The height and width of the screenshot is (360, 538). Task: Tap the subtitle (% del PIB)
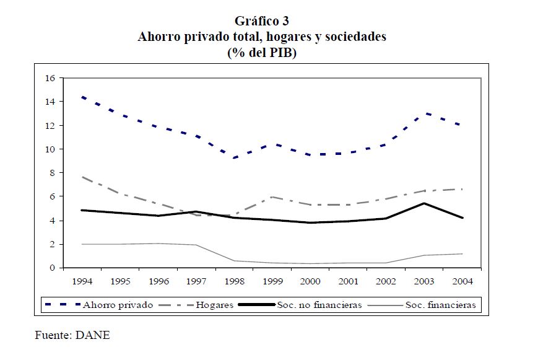pos(262,53)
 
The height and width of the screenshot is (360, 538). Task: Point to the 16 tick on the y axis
pos(50,78)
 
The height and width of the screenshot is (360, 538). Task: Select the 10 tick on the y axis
pos(50,149)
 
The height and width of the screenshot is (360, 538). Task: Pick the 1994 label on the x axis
pos(82,281)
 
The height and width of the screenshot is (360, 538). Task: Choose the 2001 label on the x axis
pos(347,281)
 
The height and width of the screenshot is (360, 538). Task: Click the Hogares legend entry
pos(215,305)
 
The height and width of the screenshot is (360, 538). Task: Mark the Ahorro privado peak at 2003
pos(424,113)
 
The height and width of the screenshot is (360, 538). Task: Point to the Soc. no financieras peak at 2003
pos(424,203)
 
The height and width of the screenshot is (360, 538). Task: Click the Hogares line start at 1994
pos(82,177)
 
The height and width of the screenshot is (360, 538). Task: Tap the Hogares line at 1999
pos(272,197)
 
